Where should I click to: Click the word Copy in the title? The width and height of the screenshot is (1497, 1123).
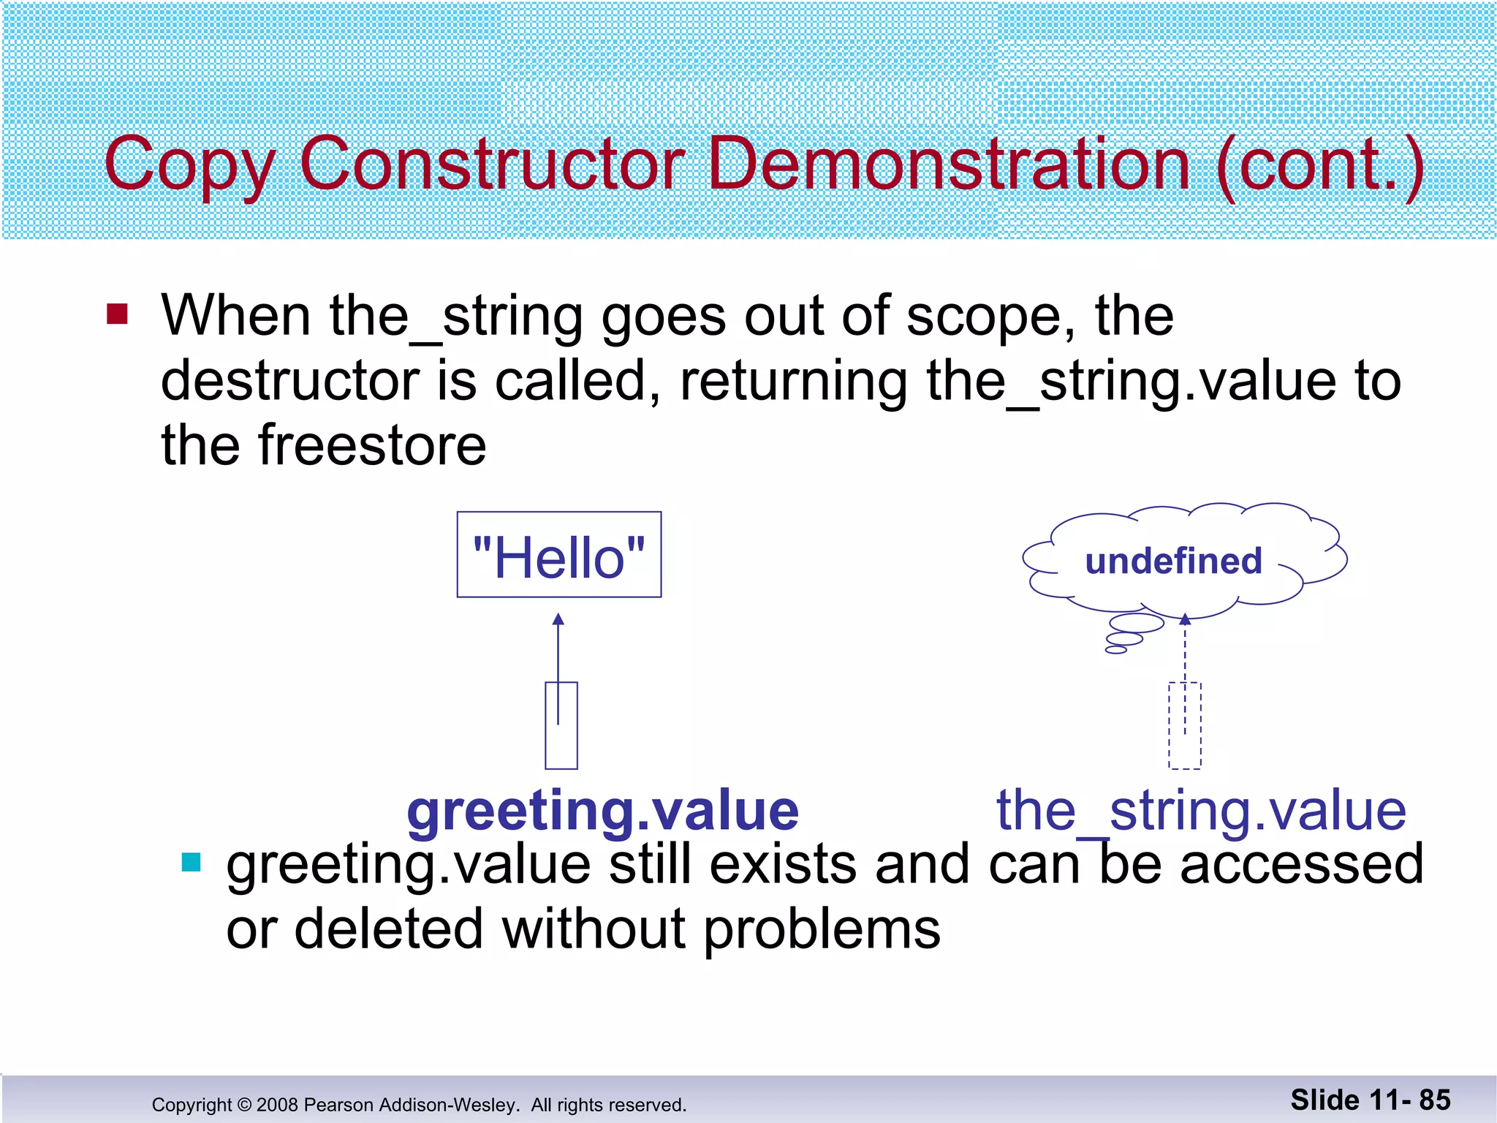coord(189,165)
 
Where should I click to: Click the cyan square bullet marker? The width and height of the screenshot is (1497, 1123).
coord(191,863)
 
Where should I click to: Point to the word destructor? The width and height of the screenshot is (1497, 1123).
coord(289,381)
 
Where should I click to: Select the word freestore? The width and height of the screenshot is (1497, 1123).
coord(372,445)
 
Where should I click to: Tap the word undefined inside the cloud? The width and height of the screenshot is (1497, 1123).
coord(1173,561)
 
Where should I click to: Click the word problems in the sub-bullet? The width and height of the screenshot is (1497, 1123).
coord(822,929)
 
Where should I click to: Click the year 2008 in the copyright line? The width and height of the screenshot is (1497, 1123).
coord(277,1105)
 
